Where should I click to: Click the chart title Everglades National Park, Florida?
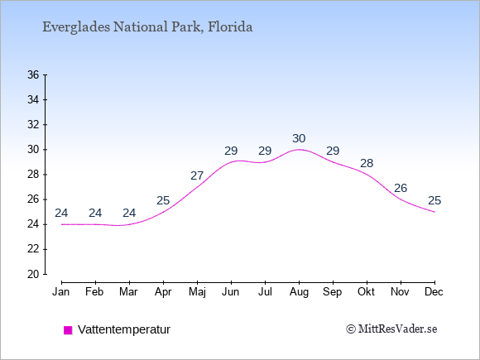tap(147, 27)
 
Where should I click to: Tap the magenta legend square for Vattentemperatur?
tap(68, 330)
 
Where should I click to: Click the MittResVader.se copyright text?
tap(391, 329)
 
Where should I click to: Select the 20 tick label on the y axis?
tap(33, 274)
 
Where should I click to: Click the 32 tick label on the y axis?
tap(33, 125)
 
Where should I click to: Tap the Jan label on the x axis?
tap(61, 292)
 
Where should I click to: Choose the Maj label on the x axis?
tap(197, 292)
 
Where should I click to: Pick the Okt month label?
tap(366, 292)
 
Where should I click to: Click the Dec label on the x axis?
tap(434, 292)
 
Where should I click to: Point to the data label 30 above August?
tap(299, 139)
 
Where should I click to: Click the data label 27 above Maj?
tap(197, 175)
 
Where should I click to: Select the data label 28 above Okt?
tap(367, 164)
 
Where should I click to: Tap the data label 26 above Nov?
tap(401, 188)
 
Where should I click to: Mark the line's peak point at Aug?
tap(299, 150)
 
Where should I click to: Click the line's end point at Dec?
tap(434, 212)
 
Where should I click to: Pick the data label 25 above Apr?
tap(163, 201)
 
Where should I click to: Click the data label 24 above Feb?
tap(95, 213)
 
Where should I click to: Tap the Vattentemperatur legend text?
tap(124, 329)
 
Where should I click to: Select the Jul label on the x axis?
tap(265, 292)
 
